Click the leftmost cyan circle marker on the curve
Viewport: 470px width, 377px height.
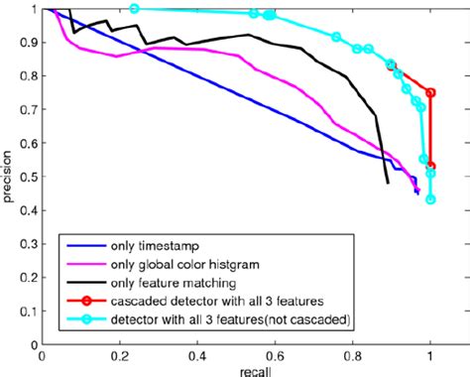[135, 9]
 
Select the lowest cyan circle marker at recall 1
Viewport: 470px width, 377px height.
[430, 199]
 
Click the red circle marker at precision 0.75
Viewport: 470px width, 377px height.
[430, 92]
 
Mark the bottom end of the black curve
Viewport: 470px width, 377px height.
[388, 184]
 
